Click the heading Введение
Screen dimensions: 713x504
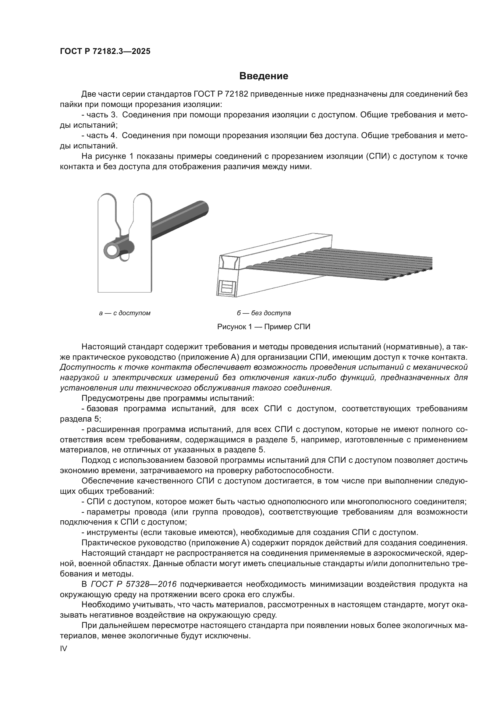pos(264,76)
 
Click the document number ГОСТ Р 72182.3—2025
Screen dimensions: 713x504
pos(105,51)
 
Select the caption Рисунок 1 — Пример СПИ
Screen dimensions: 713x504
pos(264,327)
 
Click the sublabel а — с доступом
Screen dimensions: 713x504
pos(125,313)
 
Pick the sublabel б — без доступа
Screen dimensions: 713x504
pos(264,313)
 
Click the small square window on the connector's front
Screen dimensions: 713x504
pos(227,286)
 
